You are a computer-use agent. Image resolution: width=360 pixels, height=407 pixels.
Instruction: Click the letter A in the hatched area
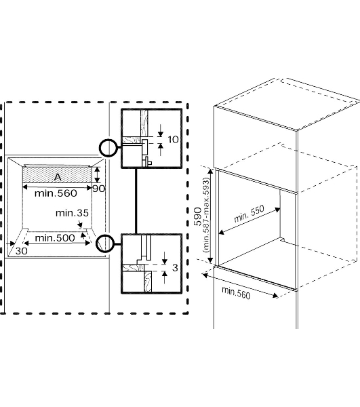pyautogui.click(x=58, y=177)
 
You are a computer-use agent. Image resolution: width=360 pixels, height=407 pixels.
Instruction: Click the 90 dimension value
pyautogui.click(x=99, y=189)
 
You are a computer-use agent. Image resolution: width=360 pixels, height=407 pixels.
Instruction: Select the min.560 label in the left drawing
pyautogui.click(x=56, y=193)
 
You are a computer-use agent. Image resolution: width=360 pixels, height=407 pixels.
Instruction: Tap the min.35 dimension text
pyautogui.click(x=72, y=213)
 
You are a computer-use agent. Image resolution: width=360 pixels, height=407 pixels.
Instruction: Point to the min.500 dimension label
pyautogui.click(x=55, y=238)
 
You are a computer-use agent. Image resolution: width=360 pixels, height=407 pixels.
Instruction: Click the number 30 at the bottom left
pyautogui.click(x=21, y=251)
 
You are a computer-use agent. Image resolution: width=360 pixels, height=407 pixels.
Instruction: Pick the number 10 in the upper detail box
pyautogui.click(x=174, y=140)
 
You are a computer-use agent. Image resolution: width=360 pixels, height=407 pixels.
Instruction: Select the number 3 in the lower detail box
pyautogui.click(x=175, y=268)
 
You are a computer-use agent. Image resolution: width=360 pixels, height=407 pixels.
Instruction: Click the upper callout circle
pyautogui.click(x=100, y=148)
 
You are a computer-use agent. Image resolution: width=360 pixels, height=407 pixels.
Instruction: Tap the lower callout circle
pyautogui.click(x=97, y=244)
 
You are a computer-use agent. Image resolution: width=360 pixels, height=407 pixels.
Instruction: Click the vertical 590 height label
pyautogui.click(x=198, y=216)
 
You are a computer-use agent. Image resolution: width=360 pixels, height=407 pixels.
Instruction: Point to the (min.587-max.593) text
pyautogui.click(x=207, y=214)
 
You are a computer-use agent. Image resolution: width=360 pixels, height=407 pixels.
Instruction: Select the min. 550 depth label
pyautogui.click(x=249, y=214)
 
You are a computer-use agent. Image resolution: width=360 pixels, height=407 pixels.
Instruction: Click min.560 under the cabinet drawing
pyautogui.click(x=236, y=293)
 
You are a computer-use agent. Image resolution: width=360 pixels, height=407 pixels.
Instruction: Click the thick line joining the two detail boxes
pyautogui.click(x=136, y=201)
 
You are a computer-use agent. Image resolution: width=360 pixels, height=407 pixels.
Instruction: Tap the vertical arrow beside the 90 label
pyautogui.click(x=97, y=175)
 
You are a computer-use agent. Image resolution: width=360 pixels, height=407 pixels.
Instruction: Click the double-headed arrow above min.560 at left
pyautogui.click(x=57, y=187)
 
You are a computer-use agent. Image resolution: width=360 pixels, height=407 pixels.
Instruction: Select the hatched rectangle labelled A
pyautogui.click(x=57, y=175)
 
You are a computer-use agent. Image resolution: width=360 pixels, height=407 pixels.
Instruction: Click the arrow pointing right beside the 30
pyautogui.click(x=11, y=244)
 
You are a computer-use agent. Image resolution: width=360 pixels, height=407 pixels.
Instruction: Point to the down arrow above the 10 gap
pyautogui.click(x=161, y=130)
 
